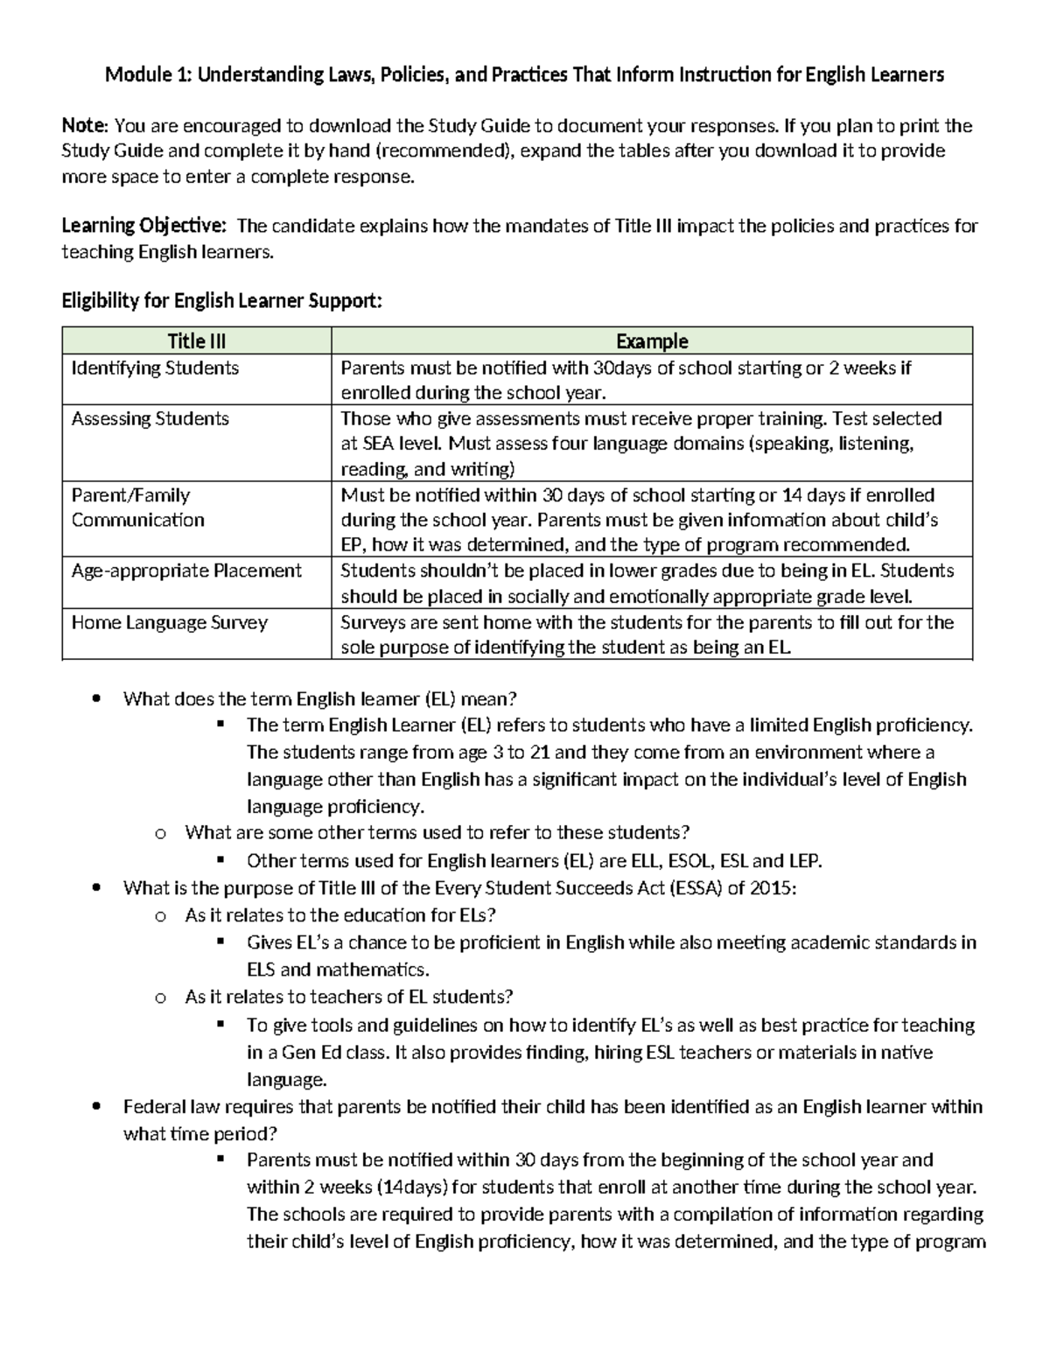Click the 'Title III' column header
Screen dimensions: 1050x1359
[197, 341]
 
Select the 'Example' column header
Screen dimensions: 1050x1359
[652, 341]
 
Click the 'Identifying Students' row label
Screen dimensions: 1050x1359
[155, 368]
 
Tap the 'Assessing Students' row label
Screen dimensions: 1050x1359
[150, 418]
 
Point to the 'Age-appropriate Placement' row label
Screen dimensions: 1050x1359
[186, 571]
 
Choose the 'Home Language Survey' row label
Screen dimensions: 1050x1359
[169, 622]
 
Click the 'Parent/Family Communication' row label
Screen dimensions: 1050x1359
[137, 508]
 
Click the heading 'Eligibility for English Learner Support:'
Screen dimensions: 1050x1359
[221, 301]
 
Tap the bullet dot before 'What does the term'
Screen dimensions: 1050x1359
[96, 699]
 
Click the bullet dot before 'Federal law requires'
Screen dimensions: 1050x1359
[96, 1107]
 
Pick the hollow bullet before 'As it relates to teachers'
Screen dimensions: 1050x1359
[159, 998]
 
